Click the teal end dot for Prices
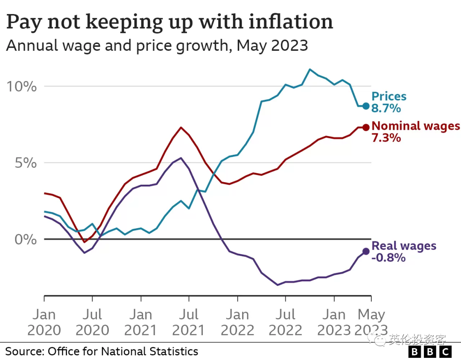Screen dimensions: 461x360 tap(366, 106)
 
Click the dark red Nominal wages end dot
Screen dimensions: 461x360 tap(366, 127)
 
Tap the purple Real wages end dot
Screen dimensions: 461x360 tap(366, 251)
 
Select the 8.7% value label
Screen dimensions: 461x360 tap(386, 108)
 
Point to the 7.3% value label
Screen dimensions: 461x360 tap(386, 137)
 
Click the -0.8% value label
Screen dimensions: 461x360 tap(388, 258)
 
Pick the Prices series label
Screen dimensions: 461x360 tap(389, 96)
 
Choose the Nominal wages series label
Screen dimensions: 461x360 tap(416, 126)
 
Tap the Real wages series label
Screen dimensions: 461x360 tap(404, 246)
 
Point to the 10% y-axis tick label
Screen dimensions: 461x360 tap(21, 87)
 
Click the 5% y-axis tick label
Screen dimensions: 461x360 tap(26, 163)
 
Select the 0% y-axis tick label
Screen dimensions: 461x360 tap(26, 239)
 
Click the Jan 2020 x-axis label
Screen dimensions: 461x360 tap(44, 322)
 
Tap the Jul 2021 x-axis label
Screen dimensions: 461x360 tap(189, 322)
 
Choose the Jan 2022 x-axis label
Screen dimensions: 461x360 tap(238, 322)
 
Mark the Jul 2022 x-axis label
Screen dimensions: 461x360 tap(286, 322)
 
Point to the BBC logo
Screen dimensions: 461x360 tap(430, 351)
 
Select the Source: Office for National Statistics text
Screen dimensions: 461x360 tap(102, 351)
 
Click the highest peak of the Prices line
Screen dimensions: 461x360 tap(309, 70)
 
